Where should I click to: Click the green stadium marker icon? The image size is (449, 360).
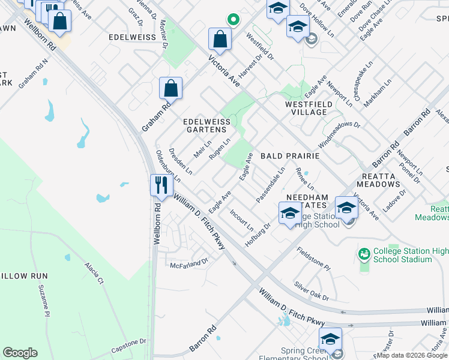pyautogui.click(x=364, y=255)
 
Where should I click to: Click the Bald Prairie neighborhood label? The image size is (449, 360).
pyautogui.click(x=289, y=156)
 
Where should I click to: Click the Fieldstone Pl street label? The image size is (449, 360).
pyautogui.click(x=313, y=257)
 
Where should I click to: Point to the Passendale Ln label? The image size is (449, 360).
pyautogui.click(x=270, y=185)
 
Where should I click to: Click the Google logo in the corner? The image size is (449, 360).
pyautogui.click(x=20, y=353)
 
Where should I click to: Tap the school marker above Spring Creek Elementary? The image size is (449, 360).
pyautogui.click(x=330, y=339)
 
